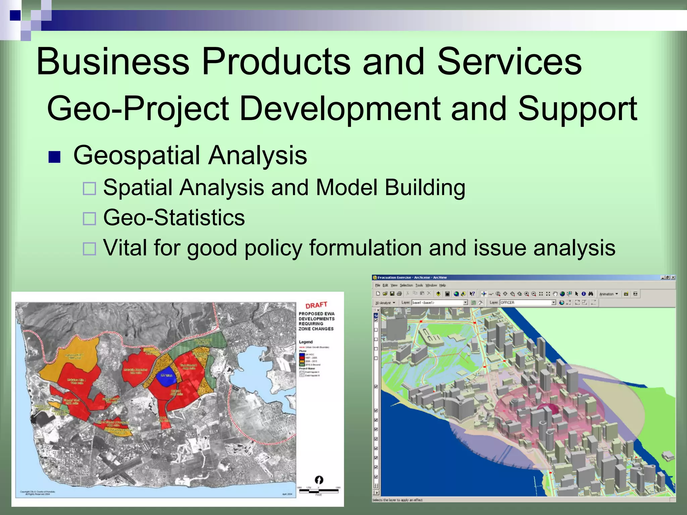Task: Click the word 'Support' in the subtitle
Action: click(577, 109)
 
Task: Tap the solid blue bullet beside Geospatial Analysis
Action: click(54, 157)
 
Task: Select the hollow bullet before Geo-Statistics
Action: click(90, 219)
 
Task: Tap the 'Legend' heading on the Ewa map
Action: click(306, 342)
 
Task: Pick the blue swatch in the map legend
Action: click(302, 354)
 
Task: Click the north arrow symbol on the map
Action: click(319, 480)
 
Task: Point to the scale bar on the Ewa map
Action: click(319, 491)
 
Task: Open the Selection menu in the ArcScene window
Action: click(406, 285)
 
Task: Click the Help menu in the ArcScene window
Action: click(442, 285)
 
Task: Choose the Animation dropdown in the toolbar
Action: click(608, 294)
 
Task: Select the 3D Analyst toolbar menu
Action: click(385, 303)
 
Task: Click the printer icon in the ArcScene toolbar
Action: click(399, 294)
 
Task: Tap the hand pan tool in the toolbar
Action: click(555, 294)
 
